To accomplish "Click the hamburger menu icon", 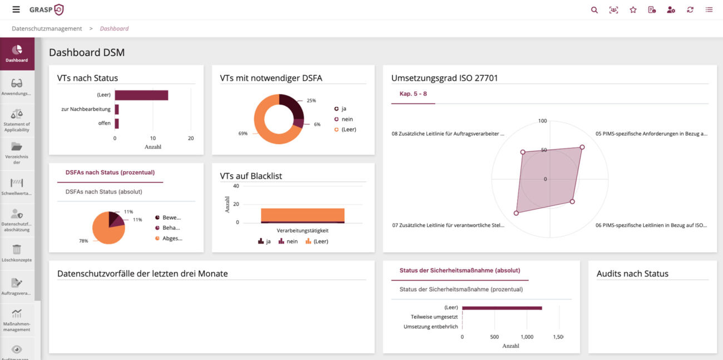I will click(x=16, y=9).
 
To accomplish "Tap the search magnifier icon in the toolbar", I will click(x=595, y=9).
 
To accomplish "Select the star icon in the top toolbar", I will click(x=633, y=9).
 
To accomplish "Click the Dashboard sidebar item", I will click(x=17, y=53).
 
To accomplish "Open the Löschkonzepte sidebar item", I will click(x=17, y=253).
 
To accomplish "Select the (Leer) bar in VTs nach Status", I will click(x=141, y=95).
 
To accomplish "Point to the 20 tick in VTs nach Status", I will click(x=191, y=138).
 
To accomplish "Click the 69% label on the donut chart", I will click(x=242, y=134).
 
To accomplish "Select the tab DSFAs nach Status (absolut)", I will click(x=103, y=192).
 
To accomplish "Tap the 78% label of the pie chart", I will click(x=83, y=241).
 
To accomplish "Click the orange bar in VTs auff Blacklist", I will click(x=303, y=214).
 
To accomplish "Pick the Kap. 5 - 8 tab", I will click(x=413, y=93).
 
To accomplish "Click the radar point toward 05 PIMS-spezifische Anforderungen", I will click(x=582, y=147).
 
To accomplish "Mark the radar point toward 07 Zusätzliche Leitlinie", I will click(x=516, y=213).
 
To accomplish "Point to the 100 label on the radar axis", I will click(x=543, y=121).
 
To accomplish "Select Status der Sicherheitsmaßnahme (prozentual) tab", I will click(x=461, y=289).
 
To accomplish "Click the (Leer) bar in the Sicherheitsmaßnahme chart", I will click(x=502, y=308).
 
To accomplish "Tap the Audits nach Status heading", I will click(x=632, y=274).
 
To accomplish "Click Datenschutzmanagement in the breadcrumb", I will click(x=47, y=28).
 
